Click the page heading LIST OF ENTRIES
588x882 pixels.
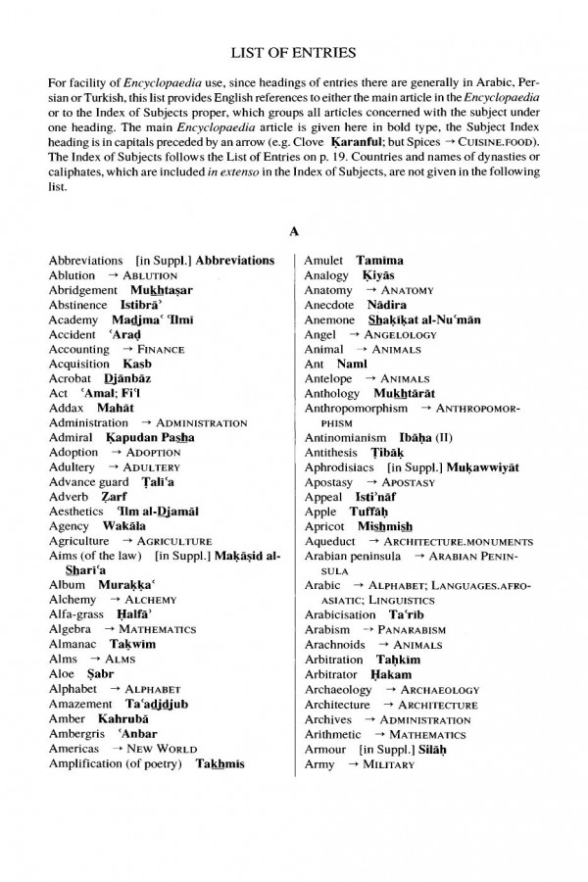click(293, 51)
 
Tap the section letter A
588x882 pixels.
click(293, 232)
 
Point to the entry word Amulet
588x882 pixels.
click(323, 261)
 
